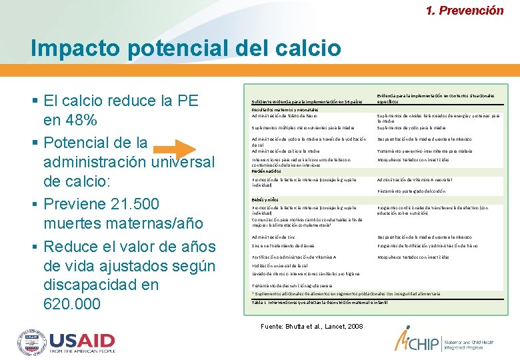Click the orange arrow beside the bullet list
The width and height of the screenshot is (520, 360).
tap(178, 152)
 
